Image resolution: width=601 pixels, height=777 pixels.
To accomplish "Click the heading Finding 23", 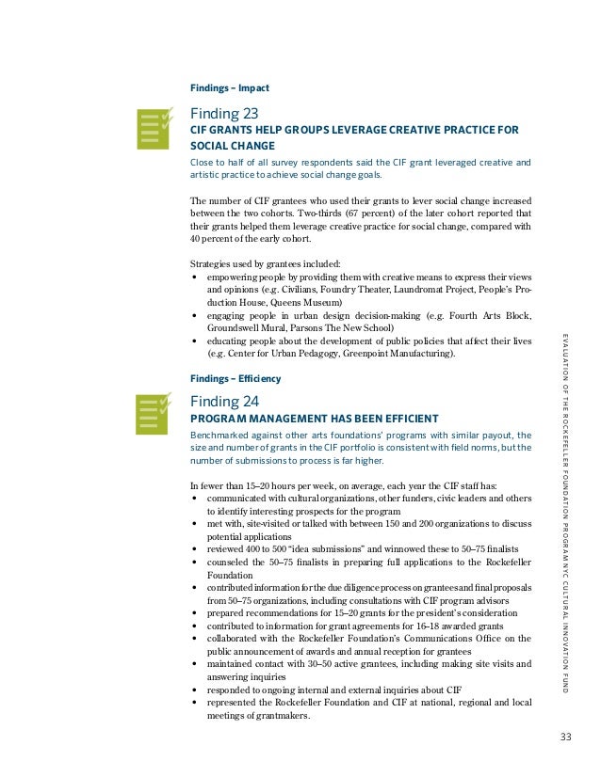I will click(x=225, y=113).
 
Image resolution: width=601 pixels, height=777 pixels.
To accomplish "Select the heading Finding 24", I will click(x=225, y=402).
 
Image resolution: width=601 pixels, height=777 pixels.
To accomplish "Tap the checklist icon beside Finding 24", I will click(x=154, y=416).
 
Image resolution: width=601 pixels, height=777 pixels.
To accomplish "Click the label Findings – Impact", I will click(x=230, y=87).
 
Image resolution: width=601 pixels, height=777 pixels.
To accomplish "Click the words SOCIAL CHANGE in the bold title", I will click(x=233, y=147).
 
